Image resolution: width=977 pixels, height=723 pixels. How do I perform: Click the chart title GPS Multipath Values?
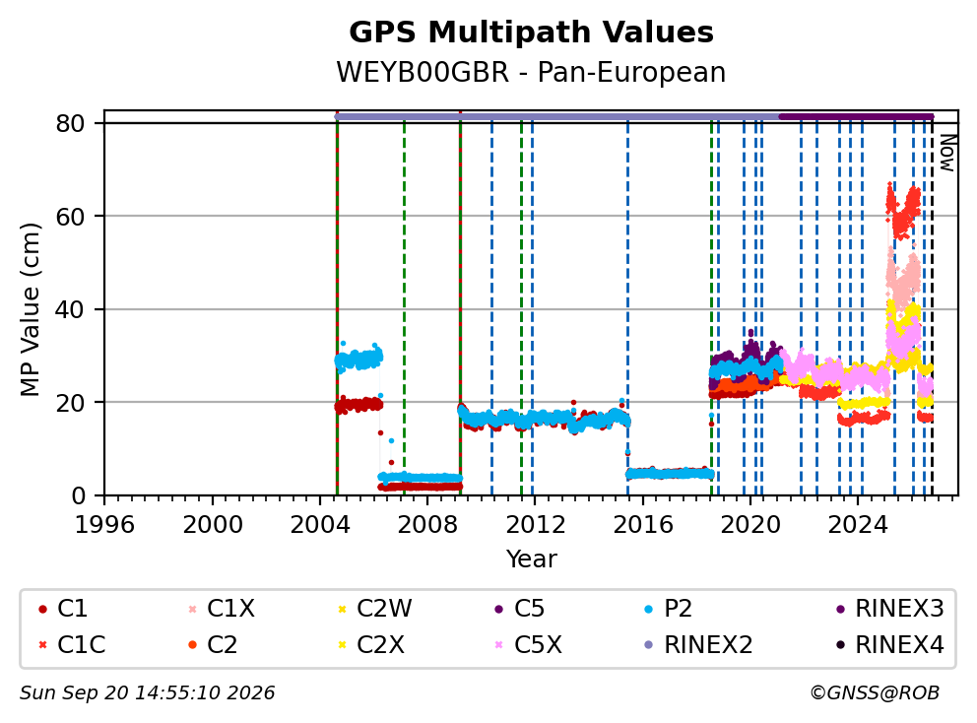pyautogui.click(x=531, y=33)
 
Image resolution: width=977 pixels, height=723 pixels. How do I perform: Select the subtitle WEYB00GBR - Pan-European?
pyautogui.click(x=531, y=72)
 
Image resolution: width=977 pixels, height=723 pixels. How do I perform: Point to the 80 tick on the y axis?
pyautogui.click(x=70, y=123)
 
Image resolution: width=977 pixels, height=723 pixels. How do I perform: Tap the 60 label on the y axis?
pyautogui.click(x=70, y=217)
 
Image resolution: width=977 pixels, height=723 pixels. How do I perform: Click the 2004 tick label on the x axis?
pyautogui.click(x=320, y=525)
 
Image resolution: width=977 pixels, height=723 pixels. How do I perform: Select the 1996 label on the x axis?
pyautogui.click(x=104, y=525)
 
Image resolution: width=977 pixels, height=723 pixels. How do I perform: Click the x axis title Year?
pyautogui.click(x=531, y=559)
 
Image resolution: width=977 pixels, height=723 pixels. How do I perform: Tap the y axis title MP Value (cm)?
pyautogui.click(x=30, y=309)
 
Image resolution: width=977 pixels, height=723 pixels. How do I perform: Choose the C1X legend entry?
pyautogui.click(x=223, y=609)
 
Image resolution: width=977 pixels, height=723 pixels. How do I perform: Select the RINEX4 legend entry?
pyautogui.click(x=889, y=645)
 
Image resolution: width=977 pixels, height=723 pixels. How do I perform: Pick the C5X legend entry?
pyautogui.click(x=529, y=645)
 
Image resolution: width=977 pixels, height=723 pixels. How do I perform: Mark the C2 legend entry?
pyautogui.click(x=213, y=645)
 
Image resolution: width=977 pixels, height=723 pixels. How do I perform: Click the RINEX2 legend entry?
pyautogui.click(x=698, y=645)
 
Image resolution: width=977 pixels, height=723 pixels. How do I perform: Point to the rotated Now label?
pyautogui.click(x=947, y=153)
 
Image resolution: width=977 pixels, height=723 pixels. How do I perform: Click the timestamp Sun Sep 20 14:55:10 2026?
pyautogui.click(x=147, y=693)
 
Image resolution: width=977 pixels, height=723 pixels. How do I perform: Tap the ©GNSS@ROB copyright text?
pyautogui.click(x=875, y=693)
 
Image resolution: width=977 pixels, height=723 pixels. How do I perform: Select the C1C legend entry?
pyautogui.click(x=72, y=645)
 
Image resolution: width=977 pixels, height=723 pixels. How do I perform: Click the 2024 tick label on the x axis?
pyautogui.click(x=858, y=525)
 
